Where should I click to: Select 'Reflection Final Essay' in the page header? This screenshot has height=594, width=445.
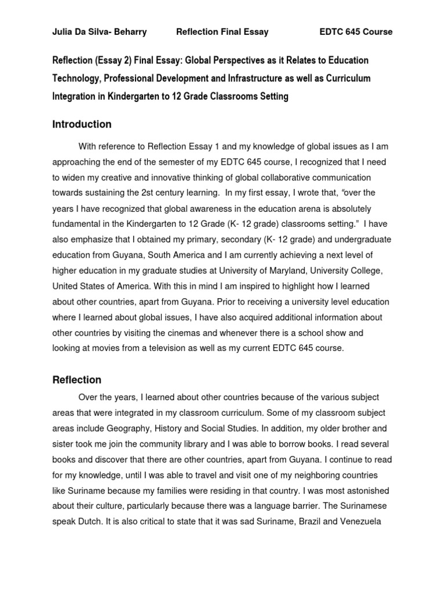tap(222, 32)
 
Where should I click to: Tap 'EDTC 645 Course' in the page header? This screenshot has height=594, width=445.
tap(356, 32)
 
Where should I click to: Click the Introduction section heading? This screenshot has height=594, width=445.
tap(82, 124)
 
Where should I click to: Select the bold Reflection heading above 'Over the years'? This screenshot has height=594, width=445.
tap(76, 380)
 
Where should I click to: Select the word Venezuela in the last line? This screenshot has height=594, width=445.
tap(358, 521)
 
